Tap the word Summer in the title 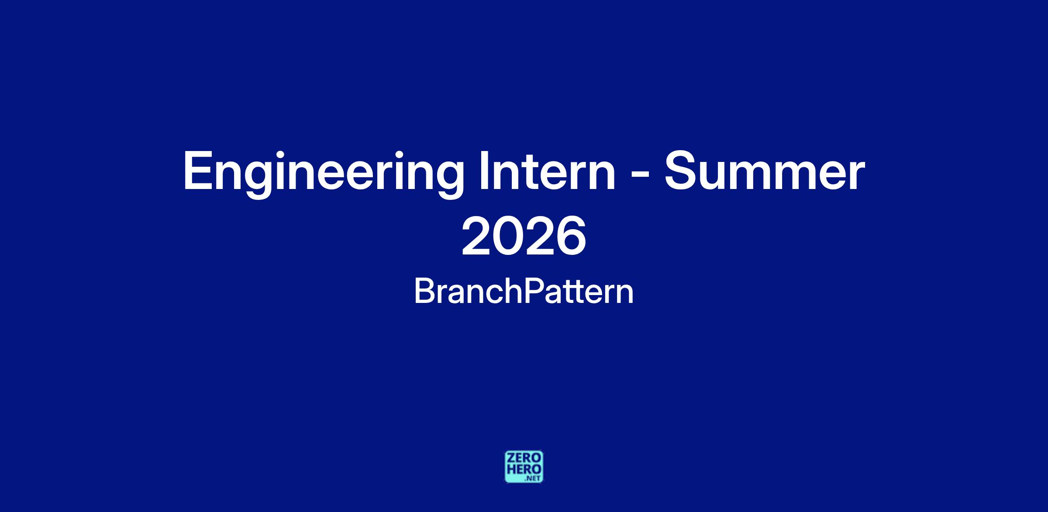(764, 172)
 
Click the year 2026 (524, 237)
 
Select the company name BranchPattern (524, 292)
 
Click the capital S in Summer (680, 171)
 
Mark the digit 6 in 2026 (571, 237)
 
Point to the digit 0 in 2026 (508, 237)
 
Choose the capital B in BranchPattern (424, 291)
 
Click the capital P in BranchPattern (533, 291)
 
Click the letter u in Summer (716, 176)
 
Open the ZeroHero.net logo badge (524, 467)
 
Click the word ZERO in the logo (524, 458)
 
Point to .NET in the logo (534, 478)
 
